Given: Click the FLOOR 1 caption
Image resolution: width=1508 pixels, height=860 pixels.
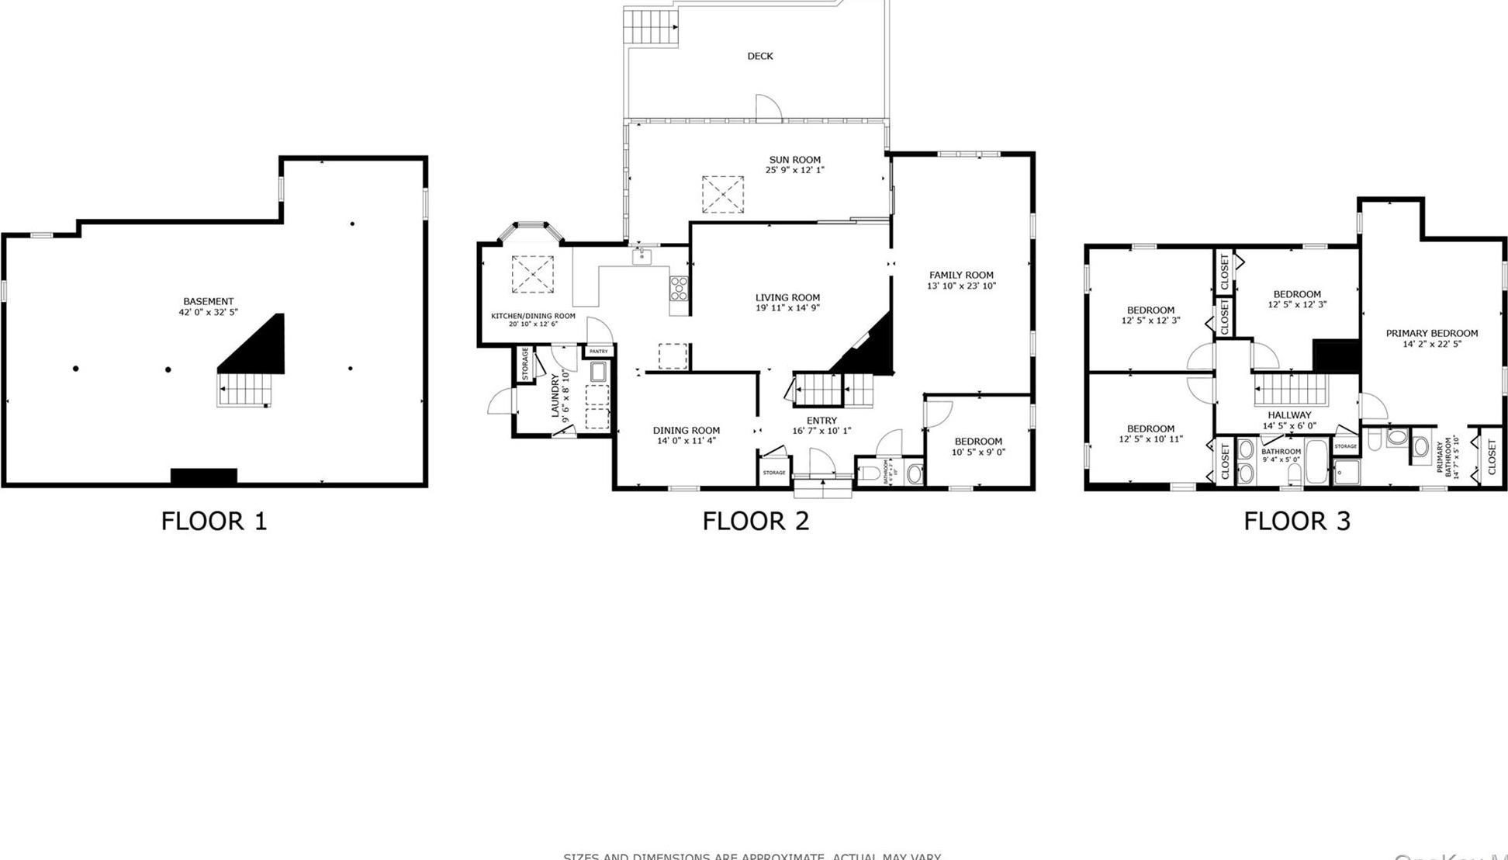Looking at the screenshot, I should click(213, 521).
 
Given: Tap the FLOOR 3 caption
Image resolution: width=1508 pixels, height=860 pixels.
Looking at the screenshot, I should click(1296, 521).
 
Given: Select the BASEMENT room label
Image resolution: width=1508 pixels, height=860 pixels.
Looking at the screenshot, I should click(208, 301).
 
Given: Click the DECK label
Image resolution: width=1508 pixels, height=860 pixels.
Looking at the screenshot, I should click(759, 56).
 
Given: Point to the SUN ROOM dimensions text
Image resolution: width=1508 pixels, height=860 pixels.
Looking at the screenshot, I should click(794, 170).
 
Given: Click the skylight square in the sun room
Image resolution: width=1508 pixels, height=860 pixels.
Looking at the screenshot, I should click(722, 194).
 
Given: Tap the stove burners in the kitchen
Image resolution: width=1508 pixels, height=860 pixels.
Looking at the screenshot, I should click(678, 289).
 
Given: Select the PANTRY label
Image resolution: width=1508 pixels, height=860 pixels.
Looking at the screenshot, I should click(598, 352).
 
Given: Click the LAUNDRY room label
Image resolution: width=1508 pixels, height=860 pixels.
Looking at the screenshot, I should click(555, 396).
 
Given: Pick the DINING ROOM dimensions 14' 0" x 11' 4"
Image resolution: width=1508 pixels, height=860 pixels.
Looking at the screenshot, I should click(686, 441).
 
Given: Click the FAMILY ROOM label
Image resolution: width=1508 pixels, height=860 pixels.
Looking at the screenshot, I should click(961, 275).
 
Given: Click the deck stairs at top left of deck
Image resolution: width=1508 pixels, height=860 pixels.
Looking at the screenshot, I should click(650, 25).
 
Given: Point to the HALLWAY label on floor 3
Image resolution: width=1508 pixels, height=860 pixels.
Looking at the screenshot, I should click(1288, 415).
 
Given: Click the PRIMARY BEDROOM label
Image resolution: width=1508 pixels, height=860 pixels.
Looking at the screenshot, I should click(1431, 333).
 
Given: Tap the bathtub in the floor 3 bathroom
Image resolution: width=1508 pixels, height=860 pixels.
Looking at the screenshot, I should click(1316, 462).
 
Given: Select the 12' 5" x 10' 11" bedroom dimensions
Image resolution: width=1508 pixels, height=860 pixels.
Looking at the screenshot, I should click(1150, 439).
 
